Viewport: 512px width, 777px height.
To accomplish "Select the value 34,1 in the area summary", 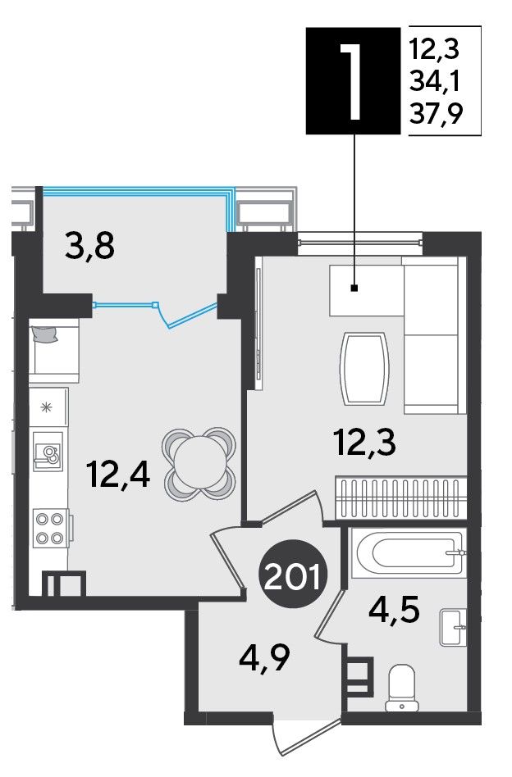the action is click(435, 81).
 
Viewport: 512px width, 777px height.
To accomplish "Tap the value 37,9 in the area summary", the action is click(436, 113).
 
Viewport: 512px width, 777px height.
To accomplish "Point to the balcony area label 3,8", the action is click(89, 245).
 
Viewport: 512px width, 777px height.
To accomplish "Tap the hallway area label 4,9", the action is click(264, 657).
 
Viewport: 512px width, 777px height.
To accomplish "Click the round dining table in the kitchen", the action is click(199, 461).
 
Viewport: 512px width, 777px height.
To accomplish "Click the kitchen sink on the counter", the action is click(48, 452).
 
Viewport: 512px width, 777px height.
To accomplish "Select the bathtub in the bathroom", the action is click(409, 552).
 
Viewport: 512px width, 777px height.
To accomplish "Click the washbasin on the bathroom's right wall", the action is click(453, 627).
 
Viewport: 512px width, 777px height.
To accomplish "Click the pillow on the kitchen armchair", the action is click(44, 334).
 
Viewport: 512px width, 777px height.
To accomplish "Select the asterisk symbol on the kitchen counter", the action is click(46, 408).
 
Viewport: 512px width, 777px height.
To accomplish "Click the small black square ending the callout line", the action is click(354, 288).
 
